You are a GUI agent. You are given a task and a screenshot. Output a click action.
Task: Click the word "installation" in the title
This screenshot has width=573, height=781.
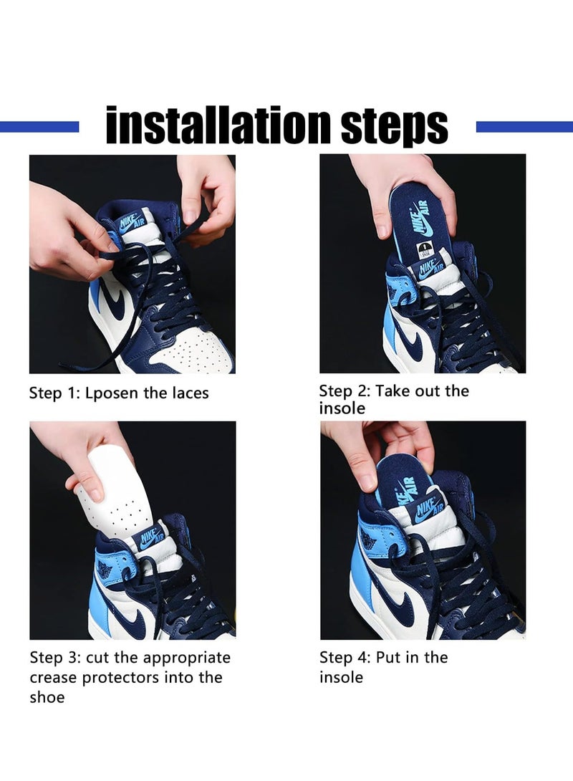pos(218,125)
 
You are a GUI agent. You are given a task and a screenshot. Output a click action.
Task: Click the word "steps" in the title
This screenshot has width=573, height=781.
pos(395,127)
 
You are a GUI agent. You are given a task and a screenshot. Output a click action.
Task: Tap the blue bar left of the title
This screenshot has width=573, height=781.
pos(39,127)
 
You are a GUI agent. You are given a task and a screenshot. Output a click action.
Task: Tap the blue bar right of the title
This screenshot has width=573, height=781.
pos(524,127)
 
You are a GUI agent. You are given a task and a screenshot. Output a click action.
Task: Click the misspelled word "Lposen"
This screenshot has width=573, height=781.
pos(111,393)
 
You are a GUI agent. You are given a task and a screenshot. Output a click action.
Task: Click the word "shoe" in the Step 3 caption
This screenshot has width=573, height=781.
pos(47,697)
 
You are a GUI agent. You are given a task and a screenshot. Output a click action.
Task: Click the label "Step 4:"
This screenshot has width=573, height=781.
pos(345,658)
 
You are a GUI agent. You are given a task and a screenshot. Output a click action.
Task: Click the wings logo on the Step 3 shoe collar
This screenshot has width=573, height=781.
pos(105,567)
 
